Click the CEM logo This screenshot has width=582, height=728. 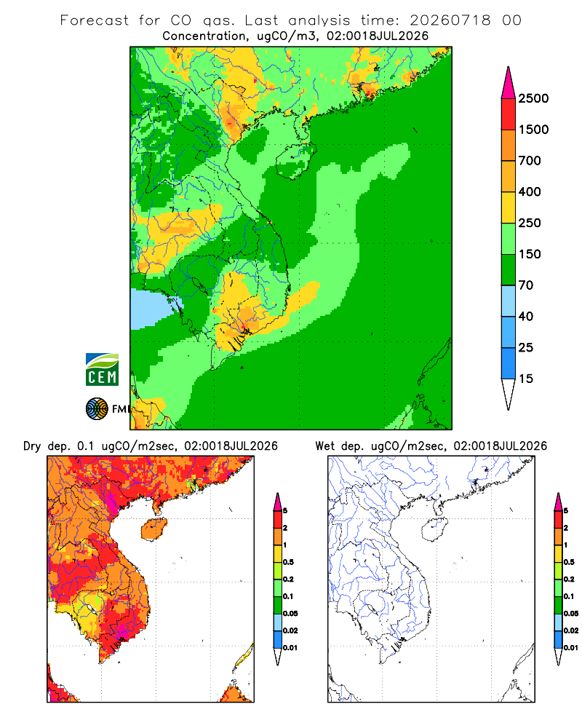coord(102,369)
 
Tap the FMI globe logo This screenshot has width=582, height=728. coord(97,409)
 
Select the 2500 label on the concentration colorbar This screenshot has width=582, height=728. coord(533,98)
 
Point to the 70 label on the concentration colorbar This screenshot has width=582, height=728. coord(526,285)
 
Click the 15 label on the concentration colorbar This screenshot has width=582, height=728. coord(526,379)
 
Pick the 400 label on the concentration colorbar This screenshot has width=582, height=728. coord(530,191)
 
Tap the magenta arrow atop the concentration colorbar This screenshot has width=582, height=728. coord(509,82)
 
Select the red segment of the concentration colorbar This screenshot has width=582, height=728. coord(509,114)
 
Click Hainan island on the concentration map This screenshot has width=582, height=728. coord(295,161)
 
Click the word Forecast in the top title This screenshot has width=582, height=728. coord(95,20)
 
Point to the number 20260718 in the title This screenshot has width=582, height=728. coord(450,20)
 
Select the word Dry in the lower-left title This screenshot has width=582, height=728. coord(32,447)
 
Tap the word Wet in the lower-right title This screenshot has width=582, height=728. coord(324,446)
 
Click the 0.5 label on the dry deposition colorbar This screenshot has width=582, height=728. coord(288,562)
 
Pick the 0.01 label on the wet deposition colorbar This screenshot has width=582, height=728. coord(571,648)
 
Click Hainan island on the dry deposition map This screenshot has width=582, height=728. coord(154,529)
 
